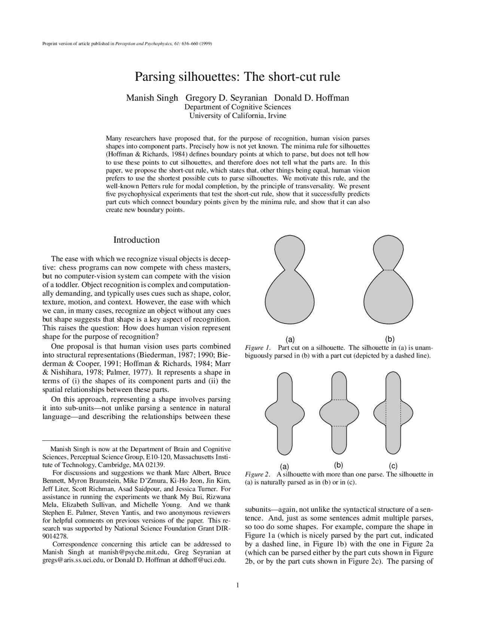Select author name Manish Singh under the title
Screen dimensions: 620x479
click(152, 98)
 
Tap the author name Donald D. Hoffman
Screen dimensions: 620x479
click(311, 98)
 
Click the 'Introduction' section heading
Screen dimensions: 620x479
click(137, 240)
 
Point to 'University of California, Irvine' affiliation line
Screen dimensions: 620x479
click(238, 116)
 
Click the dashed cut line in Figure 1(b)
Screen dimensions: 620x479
click(388, 270)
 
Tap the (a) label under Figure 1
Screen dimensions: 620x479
click(290, 340)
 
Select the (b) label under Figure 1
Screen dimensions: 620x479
click(390, 339)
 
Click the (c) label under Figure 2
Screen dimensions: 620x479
click(393, 466)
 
